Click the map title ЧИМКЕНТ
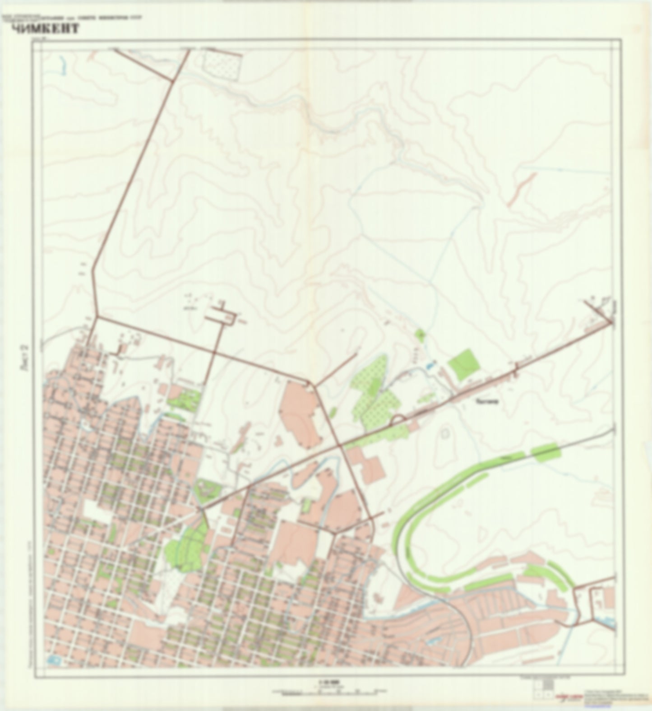(45, 29)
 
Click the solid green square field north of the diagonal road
(463, 364)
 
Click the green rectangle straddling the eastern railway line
(546, 451)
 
